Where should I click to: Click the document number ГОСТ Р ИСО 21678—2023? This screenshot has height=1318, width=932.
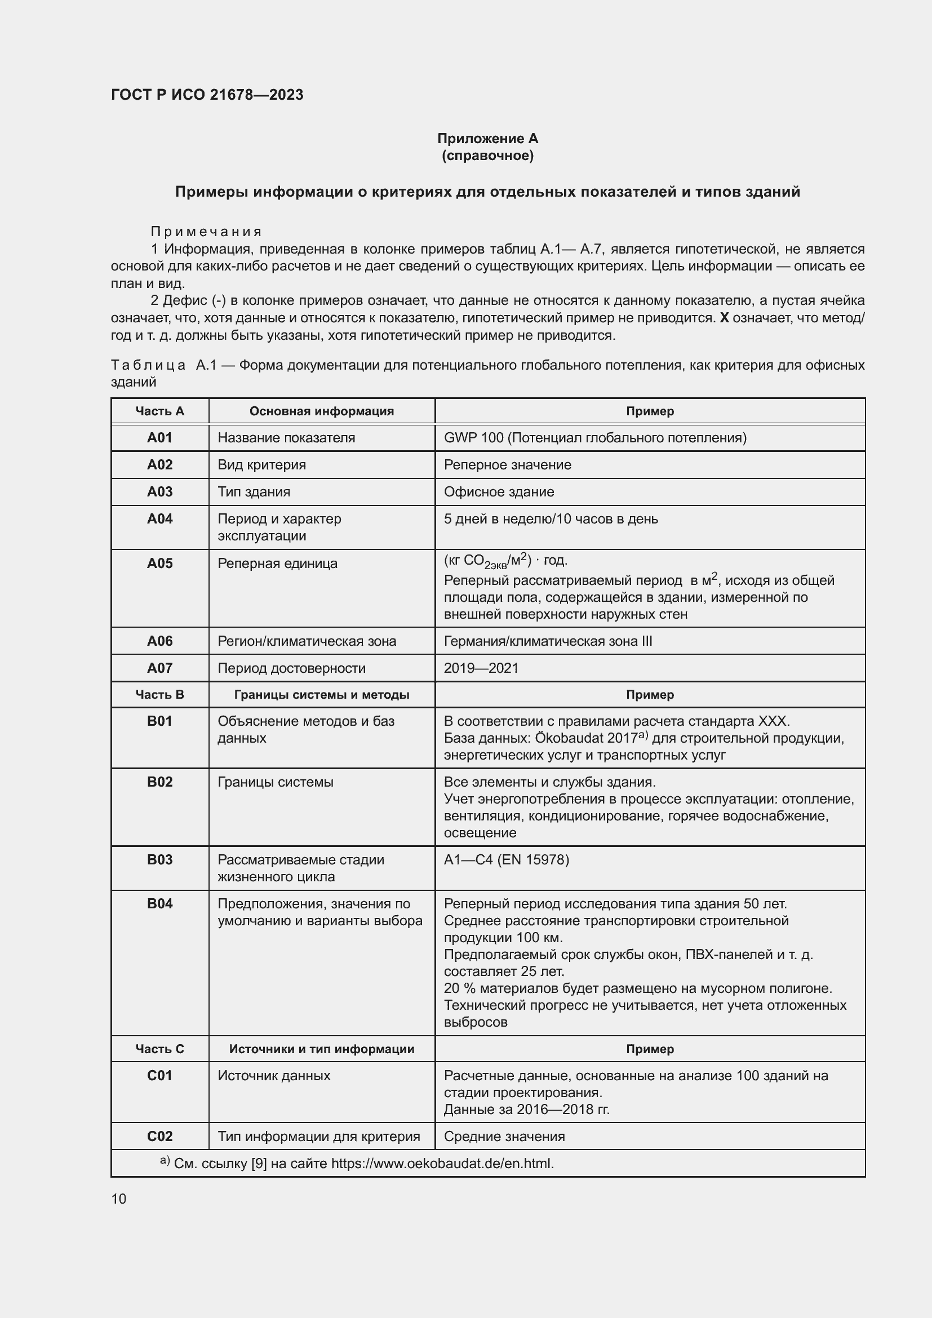tap(207, 95)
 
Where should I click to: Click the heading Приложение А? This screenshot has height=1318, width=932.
tap(487, 139)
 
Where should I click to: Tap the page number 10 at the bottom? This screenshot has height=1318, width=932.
tap(119, 1199)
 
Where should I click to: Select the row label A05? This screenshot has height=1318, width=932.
tap(159, 563)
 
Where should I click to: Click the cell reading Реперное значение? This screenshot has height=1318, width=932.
tap(507, 464)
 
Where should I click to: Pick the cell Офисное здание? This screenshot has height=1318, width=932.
tap(499, 491)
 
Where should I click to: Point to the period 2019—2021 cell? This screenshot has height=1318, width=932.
tap(481, 668)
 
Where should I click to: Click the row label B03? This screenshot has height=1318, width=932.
tap(159, 859)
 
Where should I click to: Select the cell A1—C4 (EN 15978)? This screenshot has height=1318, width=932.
tap(506, 859)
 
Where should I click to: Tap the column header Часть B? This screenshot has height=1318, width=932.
tap(159, 695)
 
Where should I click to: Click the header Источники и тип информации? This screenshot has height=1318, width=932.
tap(321, 1049)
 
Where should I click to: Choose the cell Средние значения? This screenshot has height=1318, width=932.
tap(504, 1136)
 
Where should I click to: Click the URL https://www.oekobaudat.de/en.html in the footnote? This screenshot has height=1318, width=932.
tap(442, 1164)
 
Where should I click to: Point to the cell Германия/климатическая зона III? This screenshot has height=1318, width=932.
tap(548, 641)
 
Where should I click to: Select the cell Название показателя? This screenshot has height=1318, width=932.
tap(286, 437)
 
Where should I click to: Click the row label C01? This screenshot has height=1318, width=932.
tap(159, 1075)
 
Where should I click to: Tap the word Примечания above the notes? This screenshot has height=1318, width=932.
tap(206, 232)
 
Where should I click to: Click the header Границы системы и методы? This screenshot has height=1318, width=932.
tap(321, 695)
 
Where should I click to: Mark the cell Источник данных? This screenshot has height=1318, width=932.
tap(274, 1075)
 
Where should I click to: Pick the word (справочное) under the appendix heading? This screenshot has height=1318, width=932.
tap(487, 156)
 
